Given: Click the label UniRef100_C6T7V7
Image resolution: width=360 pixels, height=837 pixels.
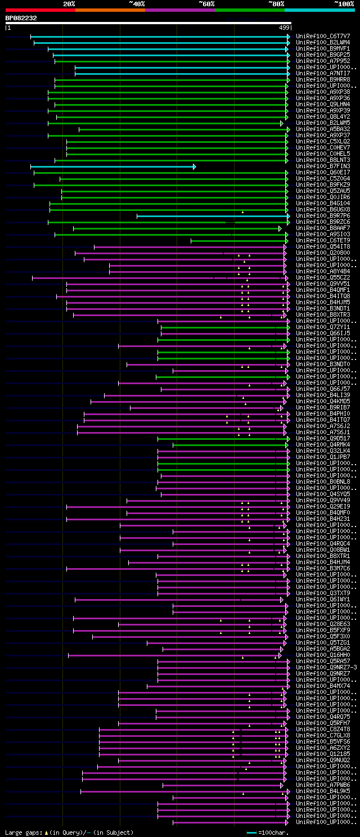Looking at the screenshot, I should [x=323, y=36].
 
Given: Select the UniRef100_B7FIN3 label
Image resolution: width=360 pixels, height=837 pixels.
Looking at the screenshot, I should [x=323, y=166].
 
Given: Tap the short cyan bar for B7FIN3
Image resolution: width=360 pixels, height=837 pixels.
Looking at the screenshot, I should [x=112, y=166].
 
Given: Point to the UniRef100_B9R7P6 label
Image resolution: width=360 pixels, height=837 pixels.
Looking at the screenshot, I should [x=323, y=215].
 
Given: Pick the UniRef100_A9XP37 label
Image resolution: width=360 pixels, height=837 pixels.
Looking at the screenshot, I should [x=323, y=135].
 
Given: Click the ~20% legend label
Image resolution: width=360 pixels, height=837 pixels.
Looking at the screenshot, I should [x=69, y=3].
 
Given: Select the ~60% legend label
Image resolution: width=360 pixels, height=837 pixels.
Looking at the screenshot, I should [x=206, y=3].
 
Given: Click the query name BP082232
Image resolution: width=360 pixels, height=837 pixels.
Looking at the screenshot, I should [x=21, y=18].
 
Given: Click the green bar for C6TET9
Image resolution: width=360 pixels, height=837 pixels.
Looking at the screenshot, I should [x=238, y=241].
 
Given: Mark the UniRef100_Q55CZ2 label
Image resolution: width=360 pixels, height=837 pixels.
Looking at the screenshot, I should [x=323, y=277].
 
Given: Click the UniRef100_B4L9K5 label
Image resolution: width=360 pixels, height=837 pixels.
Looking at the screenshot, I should [x=323, y=791].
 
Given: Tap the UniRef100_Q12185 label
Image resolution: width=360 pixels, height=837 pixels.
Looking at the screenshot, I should [x=323, y=754].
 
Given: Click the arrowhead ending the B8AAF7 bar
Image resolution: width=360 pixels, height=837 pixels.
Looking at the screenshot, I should [x=280, y=228].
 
